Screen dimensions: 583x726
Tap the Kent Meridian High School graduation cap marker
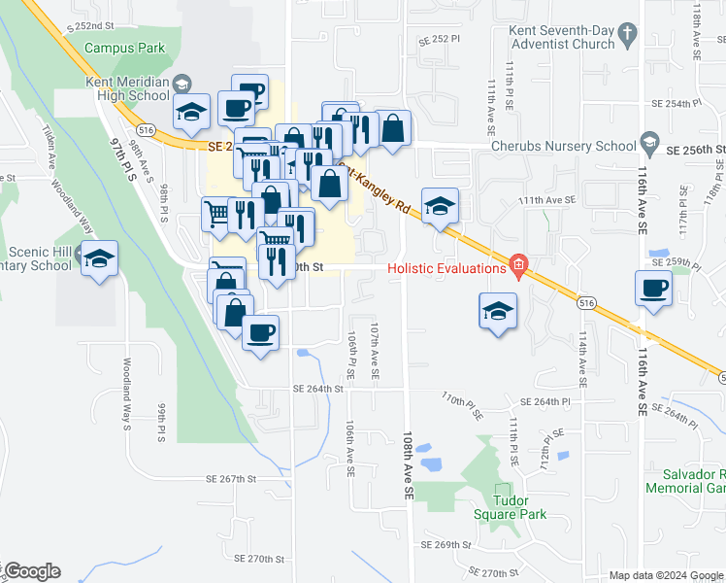coord(192,113)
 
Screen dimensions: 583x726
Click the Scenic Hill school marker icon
coord(99,258)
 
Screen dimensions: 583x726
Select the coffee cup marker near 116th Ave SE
coord(653,288)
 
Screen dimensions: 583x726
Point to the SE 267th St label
coord(230,479)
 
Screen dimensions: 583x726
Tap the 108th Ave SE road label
coord(410,466)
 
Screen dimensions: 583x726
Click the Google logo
coord(32,571)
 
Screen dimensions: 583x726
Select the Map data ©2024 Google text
coord(665,575)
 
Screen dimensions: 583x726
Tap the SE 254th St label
coord(676,103)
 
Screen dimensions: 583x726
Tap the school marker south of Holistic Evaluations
coord(498,311)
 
